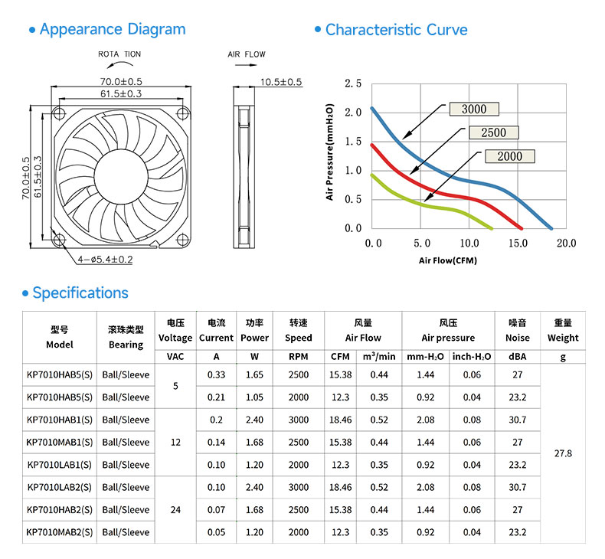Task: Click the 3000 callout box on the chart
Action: click(474, 110)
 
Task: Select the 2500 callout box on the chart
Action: click(493, 132)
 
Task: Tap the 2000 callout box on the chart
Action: click(510, 156)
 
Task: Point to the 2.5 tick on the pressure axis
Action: click(353, 83)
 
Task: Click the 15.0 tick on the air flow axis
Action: click(518, 243)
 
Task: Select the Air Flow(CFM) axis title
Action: click(448, 260)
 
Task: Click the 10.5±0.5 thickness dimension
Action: click(281, 82)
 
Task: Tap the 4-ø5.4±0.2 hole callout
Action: click(105, 260)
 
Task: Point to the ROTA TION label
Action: click(119, 54)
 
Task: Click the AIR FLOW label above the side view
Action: click(247, 54)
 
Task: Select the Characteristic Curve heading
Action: click(396, 30)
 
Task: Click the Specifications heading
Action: click(80, 293)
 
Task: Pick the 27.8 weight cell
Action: click(563, 453)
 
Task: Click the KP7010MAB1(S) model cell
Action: click(60, 442)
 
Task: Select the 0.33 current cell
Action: click(216, 374)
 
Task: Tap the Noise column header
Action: click(518, 338)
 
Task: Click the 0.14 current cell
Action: click(216, 442)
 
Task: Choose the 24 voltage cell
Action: click(175, 510)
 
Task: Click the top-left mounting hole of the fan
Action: click(59, 113)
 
